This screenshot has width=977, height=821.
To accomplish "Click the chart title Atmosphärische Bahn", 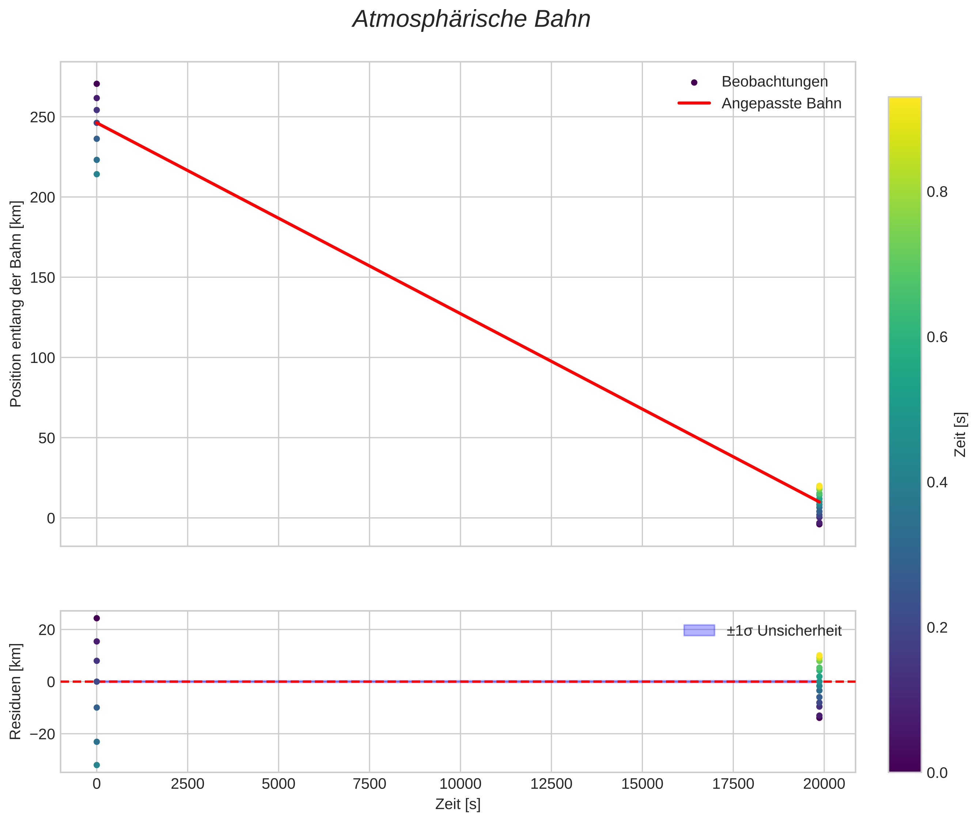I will coord(471,19).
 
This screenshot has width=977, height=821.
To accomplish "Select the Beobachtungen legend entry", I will coord(774,82).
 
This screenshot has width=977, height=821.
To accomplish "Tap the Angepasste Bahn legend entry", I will coord(781,103).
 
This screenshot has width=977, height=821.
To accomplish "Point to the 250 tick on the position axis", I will coord(42,117).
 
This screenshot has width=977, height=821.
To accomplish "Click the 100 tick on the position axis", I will coord(42,358).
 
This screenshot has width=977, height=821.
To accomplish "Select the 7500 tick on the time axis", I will coord(370,784).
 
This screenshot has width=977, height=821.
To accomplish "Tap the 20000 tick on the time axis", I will coord(824,784).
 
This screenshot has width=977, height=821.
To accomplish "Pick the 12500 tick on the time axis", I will coord(551,784).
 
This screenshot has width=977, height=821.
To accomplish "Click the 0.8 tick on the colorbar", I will coord(937,192).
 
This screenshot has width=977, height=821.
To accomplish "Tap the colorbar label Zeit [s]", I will coord(960,434).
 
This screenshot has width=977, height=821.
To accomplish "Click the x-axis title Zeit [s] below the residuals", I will coord(458,804).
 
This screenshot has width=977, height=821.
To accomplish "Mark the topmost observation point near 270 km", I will coord(97,84).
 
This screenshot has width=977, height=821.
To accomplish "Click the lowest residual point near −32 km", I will coord(97,765).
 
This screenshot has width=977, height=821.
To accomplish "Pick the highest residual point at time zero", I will coord(97,618).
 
